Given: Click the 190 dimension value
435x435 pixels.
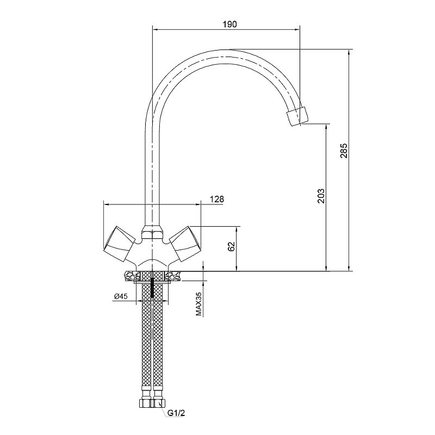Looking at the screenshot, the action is click(x=229, y=24).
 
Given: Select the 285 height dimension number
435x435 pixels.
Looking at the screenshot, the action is click(x=344, y=151).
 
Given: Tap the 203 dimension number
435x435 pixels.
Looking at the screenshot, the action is click(x=321, y=196).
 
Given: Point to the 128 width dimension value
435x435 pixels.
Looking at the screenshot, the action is click(x=216, y=199).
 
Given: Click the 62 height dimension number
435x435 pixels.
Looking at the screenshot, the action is click(x=232, y=246).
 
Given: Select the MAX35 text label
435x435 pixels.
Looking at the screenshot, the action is click(x=198, y=304).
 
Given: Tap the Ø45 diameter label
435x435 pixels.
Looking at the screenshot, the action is click(x=121, y=296).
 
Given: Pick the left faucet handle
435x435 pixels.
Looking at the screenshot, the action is click(x=119, y=244).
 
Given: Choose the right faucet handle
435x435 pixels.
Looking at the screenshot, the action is click(x=185, y=244).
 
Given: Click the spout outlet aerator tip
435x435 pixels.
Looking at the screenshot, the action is click(x=297, y=116).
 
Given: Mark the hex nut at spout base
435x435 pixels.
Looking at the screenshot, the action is click(x=152, y=233).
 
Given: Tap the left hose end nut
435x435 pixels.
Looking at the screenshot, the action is click(x=145, y=403).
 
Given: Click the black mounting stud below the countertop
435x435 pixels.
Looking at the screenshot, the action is click(x=152, y=288).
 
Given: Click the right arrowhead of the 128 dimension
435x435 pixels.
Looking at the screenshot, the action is click(x=197, y=204).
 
